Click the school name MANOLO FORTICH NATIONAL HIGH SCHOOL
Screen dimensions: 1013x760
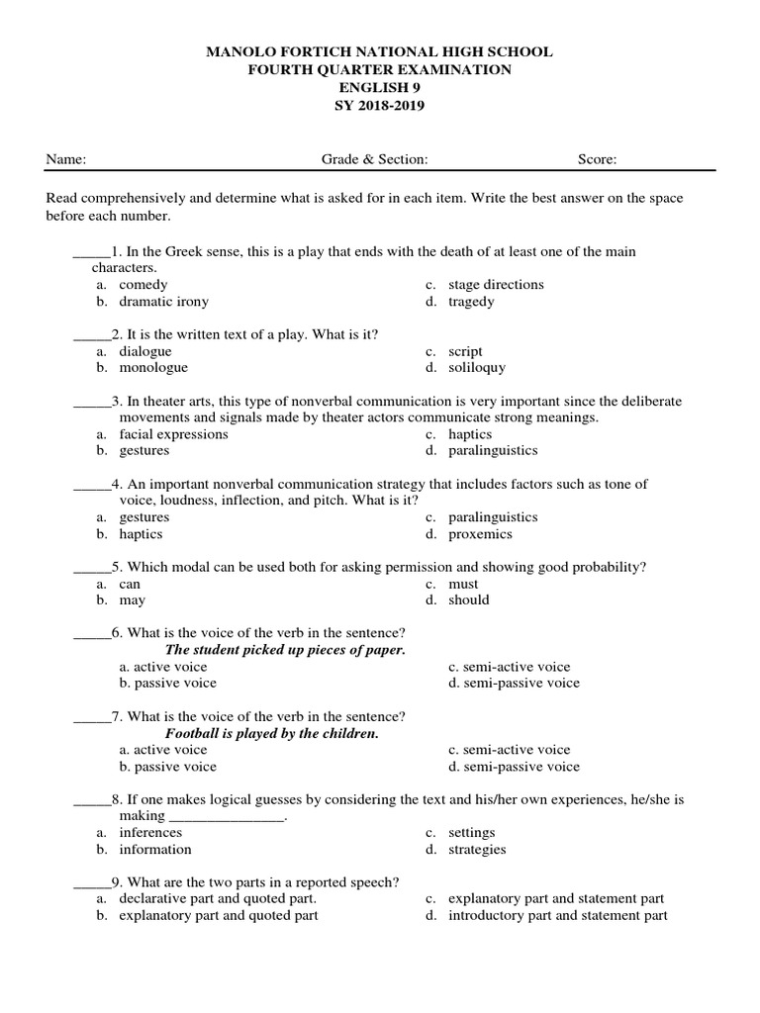[x=380, y=51]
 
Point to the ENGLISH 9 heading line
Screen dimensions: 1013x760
[x=380, y=88]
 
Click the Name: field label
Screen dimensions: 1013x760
[x=66, y=158]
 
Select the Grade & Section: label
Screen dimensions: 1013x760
[x=374, y=158]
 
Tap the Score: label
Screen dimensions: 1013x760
[x=598, y=158]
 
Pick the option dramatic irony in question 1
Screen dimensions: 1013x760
[x=163, y=302]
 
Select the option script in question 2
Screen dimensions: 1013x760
[x=465, y=351]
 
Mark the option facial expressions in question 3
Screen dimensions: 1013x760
[x=173, y=434]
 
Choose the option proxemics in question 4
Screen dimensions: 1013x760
[x=480, y=534]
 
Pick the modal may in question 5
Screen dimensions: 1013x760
[x=132, y=600]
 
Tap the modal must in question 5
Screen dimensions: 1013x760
[x=463, y=584]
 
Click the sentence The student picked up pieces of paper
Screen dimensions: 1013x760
[x=285, y=650]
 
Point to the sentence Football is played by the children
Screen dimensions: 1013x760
[x=272, y=734]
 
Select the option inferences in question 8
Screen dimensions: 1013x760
[x=150, y=833]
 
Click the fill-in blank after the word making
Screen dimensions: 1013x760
[x=227, y=817]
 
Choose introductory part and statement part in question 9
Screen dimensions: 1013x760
[x=557, y=916]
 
